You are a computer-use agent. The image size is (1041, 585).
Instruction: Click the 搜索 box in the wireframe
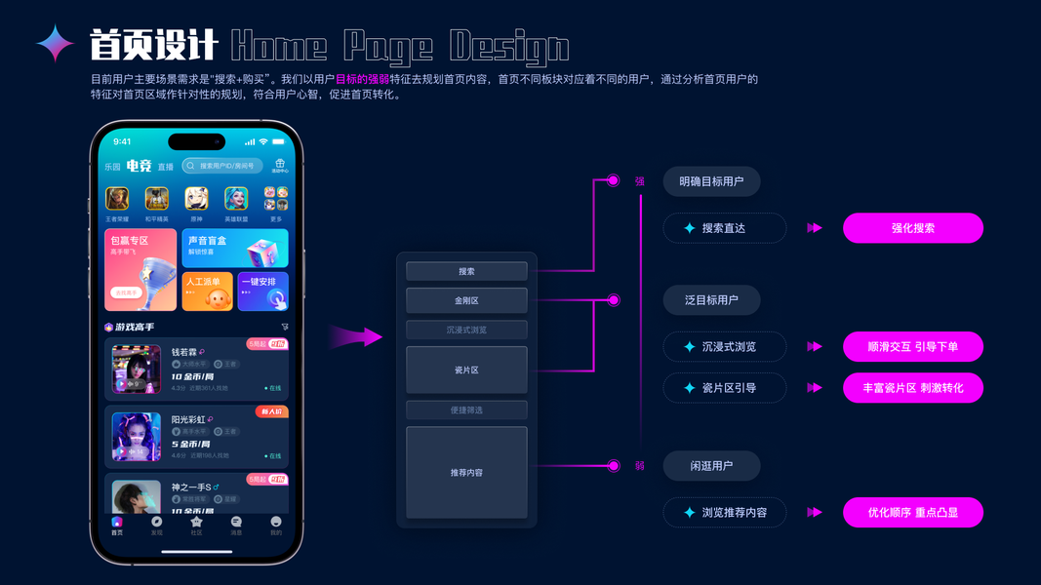[466, 271]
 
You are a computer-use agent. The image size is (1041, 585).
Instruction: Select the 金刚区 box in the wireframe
[466, 300]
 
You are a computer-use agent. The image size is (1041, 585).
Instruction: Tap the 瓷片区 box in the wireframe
[466, 370]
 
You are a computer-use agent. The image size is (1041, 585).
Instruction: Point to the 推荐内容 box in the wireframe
[466, 472]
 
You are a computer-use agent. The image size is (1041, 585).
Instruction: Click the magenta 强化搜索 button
[912, 228]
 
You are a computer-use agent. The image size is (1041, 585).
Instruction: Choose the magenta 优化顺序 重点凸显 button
[912, 513]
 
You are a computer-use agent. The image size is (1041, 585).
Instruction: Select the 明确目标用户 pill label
[711, 181]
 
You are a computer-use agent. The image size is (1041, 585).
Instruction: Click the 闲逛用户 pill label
[711, 466]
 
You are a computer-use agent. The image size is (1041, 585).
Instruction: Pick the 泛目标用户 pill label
[711, 300]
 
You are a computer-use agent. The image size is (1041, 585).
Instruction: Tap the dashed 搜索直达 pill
[724, 228]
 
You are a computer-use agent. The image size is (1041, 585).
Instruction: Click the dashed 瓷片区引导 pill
[724, 388]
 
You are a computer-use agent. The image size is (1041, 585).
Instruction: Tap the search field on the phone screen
[222, 166]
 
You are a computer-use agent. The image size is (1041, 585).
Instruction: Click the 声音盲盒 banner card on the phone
[234, 249]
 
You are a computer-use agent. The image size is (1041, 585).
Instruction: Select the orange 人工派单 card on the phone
[207, 292]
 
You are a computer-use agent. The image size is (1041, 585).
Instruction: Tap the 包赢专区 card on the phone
[140, 269]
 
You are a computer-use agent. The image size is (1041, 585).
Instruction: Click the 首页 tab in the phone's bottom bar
[117, 526]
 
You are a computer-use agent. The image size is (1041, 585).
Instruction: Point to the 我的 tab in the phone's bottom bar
[276, 526]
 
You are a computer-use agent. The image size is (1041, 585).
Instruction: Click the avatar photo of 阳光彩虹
[137, 436]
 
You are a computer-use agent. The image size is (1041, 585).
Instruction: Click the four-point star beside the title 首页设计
[56, 44]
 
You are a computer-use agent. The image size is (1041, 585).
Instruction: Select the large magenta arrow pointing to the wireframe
[355, 337]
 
